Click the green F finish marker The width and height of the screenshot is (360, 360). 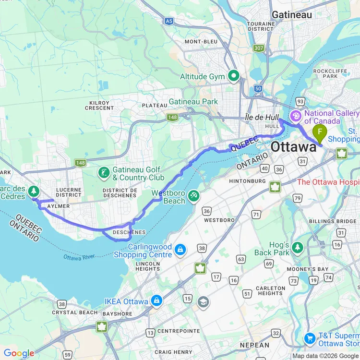319,132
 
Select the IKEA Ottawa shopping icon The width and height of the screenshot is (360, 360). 156,301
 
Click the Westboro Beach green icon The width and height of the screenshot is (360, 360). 193,196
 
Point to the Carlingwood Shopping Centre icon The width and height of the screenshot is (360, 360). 180,250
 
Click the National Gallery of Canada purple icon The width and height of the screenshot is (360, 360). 296,116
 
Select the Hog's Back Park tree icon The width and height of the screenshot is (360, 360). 298,247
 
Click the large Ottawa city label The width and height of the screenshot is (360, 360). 294,147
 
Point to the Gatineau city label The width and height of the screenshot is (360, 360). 291,15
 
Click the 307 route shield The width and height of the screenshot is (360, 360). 259,48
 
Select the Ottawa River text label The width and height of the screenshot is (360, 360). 80,256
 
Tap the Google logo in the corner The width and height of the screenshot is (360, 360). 19,353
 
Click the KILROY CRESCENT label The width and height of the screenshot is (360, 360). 99,105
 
